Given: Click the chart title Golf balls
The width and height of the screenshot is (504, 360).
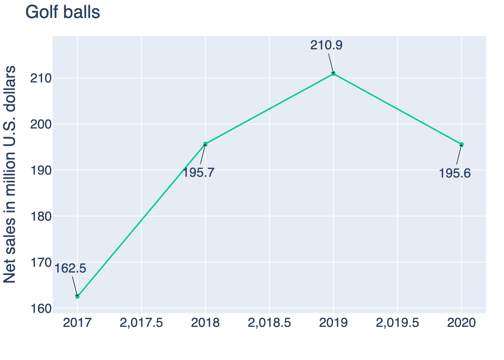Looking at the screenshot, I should (x=63, y=13).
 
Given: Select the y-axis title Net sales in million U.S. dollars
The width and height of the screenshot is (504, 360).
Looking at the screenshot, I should (x=10, y=174).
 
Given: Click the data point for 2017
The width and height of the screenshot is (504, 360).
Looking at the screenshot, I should (x=77, y=296).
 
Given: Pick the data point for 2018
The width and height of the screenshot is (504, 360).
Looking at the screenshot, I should (x=206, y=144).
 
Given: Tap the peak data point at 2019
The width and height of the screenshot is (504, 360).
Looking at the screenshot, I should (x=333, y=73).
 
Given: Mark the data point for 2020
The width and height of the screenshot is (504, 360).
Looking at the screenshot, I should (x=462, y=144).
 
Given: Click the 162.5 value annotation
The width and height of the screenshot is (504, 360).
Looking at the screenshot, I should (x=71, y=269).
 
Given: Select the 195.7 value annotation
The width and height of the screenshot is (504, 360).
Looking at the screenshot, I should (x=198, y=173).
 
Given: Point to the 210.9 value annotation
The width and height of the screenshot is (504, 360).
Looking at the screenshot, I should (x=326, y=45).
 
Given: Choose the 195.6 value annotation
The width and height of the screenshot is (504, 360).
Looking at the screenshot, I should (x=455, y=174).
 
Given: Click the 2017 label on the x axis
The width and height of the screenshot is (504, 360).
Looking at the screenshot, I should (x=77, y=323).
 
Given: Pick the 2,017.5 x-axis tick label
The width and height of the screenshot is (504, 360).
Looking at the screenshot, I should (x=141, y=323).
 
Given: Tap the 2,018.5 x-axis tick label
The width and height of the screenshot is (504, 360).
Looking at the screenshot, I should (x=269, y=323).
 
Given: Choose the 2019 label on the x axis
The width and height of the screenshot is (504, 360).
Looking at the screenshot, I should (x=333, y=323).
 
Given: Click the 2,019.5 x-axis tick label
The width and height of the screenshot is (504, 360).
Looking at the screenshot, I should (x=397, y=323).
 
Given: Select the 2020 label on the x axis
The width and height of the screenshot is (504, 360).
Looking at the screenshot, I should (x=462, y=323).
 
